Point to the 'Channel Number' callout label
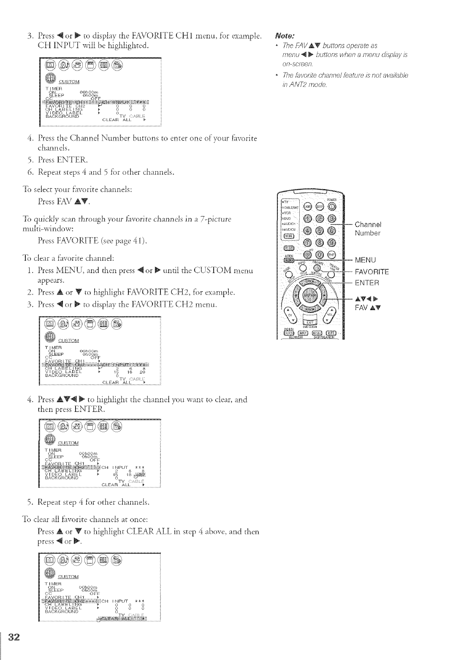pos(368,228)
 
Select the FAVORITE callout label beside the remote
pos(372,271)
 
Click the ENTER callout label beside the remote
pos(367,282)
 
